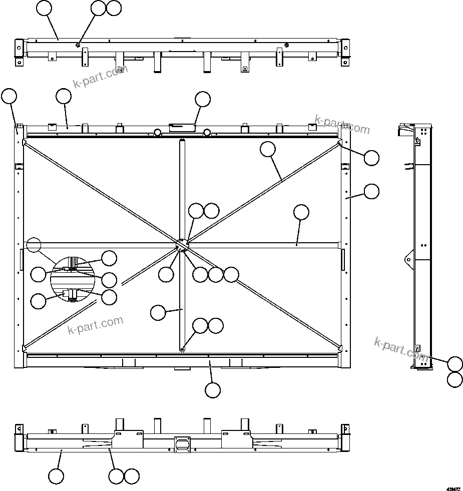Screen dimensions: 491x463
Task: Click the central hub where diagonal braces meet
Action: [x=182, y=244]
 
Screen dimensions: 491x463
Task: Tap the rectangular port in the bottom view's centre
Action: [x=182, y=444]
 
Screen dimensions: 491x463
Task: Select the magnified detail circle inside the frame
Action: [x=73, y=279]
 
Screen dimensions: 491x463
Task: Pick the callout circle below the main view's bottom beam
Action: [x=213, y=390]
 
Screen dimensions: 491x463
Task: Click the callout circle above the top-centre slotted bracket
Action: [x=203, y=99]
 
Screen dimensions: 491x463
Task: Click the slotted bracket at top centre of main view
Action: [x=182, y=128]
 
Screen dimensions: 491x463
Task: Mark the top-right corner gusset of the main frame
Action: [x=340, y=143]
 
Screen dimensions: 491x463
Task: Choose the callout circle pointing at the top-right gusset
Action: [x=371, y=158]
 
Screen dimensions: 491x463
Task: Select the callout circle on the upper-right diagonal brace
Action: [x=268, y=149]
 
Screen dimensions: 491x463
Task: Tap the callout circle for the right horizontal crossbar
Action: [x=301, y=212]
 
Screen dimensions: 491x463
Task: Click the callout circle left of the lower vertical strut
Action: [x=158, y=313]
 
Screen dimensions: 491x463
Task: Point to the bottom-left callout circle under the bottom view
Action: [x=56, y=476]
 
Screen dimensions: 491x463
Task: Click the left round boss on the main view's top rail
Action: [x=157, y=133]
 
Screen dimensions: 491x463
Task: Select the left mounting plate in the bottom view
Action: [x=129, y=439]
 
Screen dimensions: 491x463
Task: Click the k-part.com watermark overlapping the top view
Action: [x=100, y=76]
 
